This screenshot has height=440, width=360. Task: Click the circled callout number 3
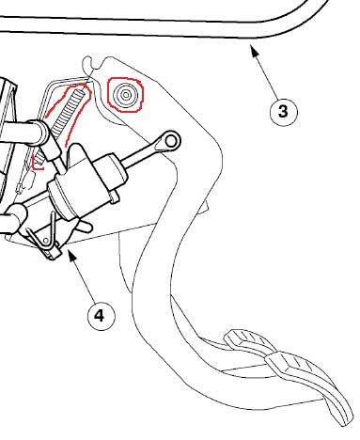283,112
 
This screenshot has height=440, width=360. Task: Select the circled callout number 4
101,316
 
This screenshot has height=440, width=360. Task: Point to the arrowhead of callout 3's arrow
254,50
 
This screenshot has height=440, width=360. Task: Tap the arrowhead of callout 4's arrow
71,256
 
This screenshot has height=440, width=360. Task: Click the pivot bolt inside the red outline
126,95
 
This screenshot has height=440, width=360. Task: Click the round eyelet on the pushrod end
171,141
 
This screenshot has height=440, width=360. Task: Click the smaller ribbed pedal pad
248,342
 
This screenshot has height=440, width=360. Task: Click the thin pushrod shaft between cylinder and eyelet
140,154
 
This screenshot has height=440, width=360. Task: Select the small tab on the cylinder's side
115,198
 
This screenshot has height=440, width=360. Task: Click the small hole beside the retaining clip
46,241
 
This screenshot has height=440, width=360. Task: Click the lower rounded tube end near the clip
17,217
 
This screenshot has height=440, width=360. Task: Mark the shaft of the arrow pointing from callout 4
84,279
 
